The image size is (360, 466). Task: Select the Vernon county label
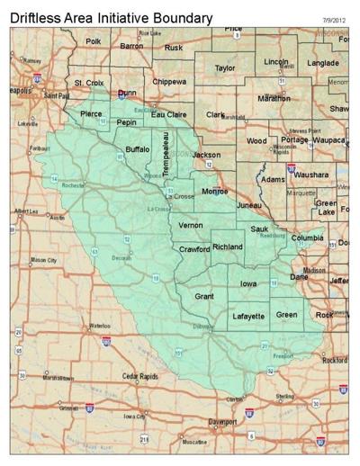pos(191,225)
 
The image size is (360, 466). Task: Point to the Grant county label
pos(205,296)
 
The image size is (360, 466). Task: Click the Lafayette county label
pos(248,317)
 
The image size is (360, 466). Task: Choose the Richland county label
pos(228,246)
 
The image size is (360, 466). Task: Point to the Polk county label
pos(93,41)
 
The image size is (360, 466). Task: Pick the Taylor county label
pos(225,67)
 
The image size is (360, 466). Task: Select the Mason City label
pos(44,261)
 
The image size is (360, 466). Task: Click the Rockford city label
pos(334,360)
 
